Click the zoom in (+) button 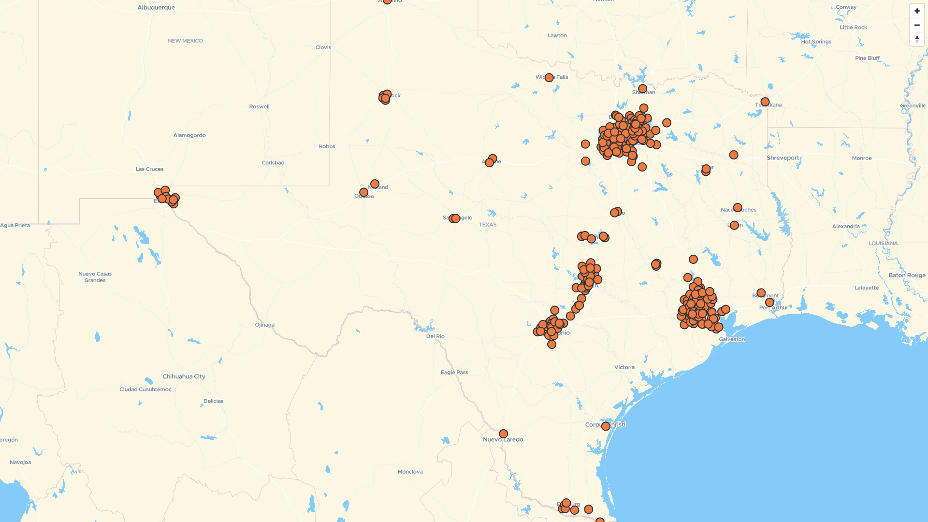917,11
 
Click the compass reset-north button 917,39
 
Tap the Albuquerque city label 156,8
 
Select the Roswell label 260,107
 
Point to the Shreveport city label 783,158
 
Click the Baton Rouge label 907,275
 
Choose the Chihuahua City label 184,377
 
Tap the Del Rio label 435,336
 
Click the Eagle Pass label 454,373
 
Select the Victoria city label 624,367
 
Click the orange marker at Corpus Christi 606,426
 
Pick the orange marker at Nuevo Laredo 503,434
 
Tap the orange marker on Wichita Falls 549,78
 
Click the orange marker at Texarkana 765,102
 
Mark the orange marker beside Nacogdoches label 738,208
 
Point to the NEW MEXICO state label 185,41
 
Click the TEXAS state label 488,225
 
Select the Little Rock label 853,28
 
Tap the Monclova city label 410,472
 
